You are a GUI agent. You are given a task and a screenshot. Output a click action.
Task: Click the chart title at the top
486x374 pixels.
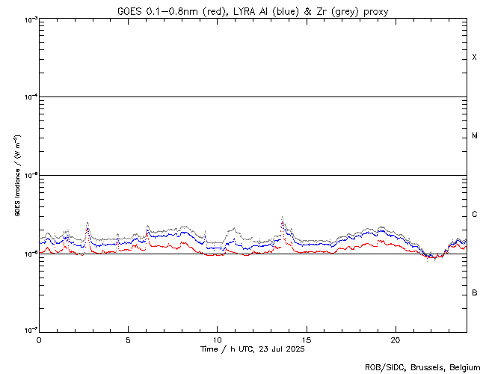click(x=253, y=11)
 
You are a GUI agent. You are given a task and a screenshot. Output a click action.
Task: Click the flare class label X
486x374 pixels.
click(x=474, y=58)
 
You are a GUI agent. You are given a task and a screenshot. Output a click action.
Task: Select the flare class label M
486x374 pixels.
click(x=474, y=136)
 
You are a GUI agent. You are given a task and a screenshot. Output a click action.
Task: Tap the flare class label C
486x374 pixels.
click(x=474, y=215)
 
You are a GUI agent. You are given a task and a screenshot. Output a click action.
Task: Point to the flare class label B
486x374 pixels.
click(x=474, y=292)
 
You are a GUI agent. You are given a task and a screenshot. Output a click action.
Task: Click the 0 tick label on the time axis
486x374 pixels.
click(x=39, y=339)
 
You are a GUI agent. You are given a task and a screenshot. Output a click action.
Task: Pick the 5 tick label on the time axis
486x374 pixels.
click(x=128, y=339)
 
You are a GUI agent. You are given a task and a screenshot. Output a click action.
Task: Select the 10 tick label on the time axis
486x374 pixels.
click(x=217, y=339)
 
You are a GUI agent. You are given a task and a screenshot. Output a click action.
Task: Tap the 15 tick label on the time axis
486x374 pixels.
click(x=306, y=339)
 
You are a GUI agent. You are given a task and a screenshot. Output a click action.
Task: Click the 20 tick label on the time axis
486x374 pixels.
click(x=395, y=339)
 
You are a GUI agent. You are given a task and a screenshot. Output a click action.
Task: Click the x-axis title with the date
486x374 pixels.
click(x=253, y=349)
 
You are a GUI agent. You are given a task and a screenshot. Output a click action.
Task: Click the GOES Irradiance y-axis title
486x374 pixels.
click(x=16, y=176)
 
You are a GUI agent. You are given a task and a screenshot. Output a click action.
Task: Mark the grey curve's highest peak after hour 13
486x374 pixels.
click(x=282, y=217)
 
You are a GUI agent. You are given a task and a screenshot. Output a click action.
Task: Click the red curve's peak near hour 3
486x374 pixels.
click(x=87, y=229)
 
